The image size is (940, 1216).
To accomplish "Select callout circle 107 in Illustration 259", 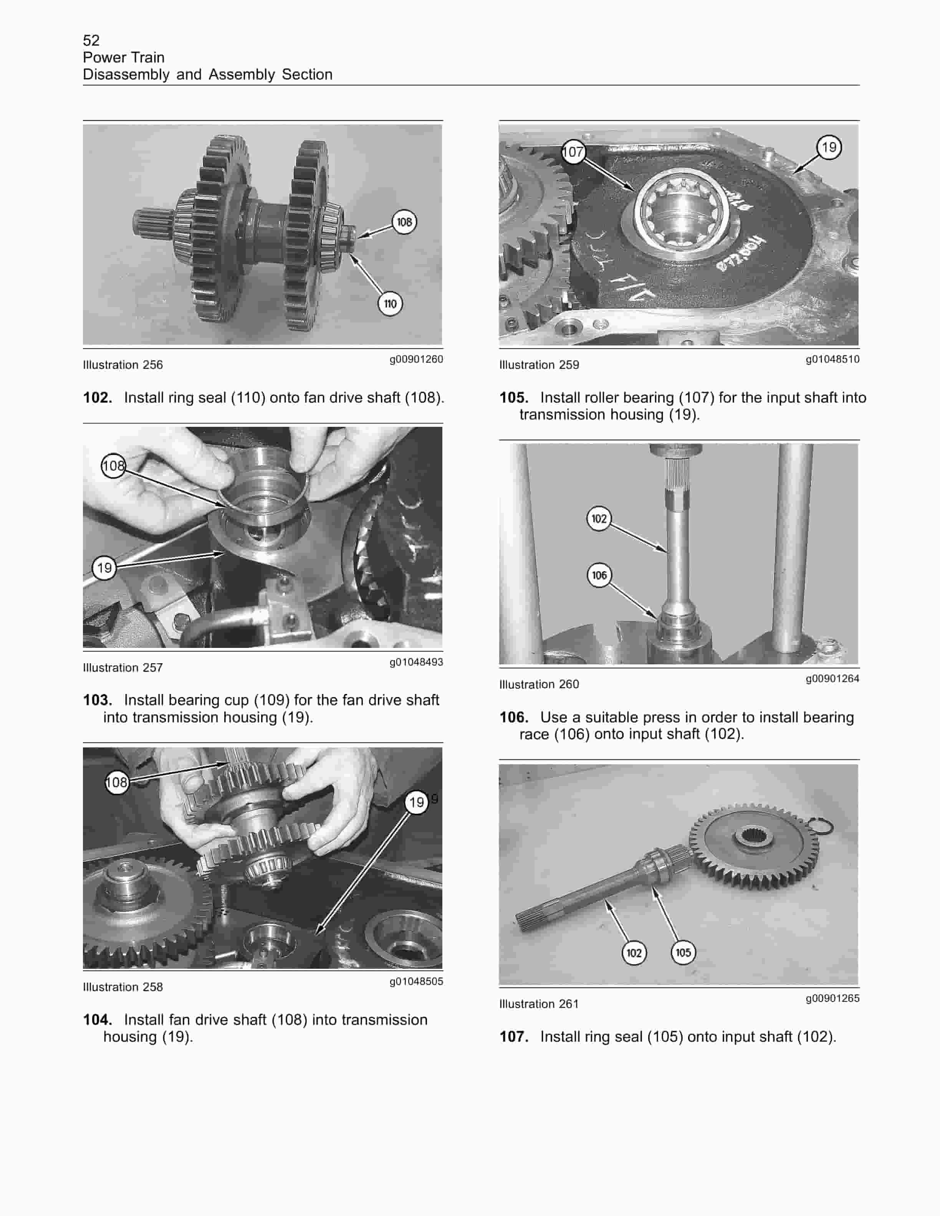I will click(x=573, y=152).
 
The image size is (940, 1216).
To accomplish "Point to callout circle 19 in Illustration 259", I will click(x=829, y=147).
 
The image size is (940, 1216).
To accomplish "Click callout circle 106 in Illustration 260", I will click(x=599, y=575).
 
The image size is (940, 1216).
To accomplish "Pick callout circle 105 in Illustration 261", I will click(x=683, y=953).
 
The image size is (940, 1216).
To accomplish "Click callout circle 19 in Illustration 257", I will click(x=104, y=568).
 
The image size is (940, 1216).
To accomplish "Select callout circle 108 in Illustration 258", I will click(x=116, y=782).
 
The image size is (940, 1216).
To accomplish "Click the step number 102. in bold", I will click(x=98, y=398).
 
